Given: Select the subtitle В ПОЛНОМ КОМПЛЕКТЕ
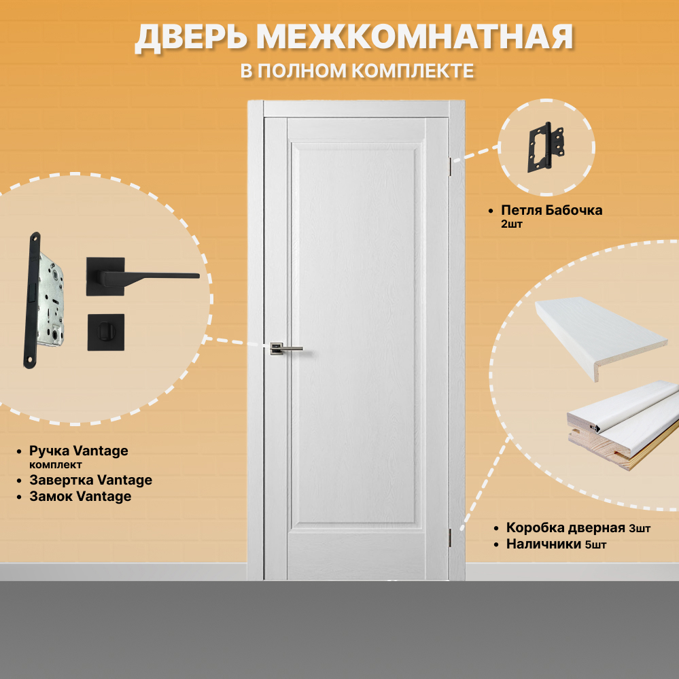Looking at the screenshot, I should pos(357,71).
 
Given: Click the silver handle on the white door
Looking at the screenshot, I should pos(286,349).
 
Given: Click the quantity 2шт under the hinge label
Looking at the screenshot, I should pos(511,224).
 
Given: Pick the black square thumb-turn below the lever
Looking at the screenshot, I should pos(105,332).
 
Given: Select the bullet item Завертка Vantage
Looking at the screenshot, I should pos(90,481).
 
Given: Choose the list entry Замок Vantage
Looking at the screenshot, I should pos(80,497).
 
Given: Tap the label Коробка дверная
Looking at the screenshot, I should pos(565,528).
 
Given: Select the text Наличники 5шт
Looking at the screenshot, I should pos(556,544).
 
